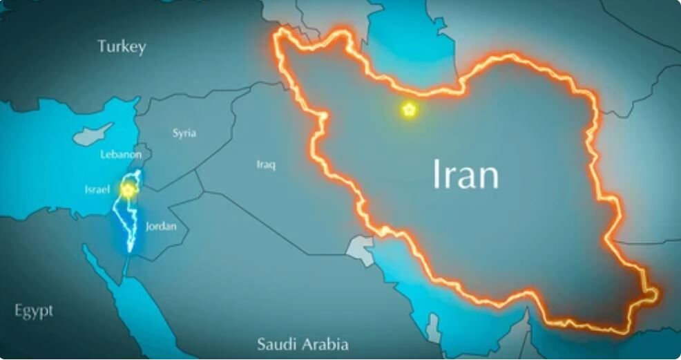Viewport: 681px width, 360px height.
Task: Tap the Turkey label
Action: pos(122,47)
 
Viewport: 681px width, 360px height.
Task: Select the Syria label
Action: pos(184,133)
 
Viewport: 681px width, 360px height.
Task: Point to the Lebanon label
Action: pos(121,154)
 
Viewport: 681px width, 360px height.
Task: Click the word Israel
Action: pos(97,189)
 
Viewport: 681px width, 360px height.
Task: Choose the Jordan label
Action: pos(161,226)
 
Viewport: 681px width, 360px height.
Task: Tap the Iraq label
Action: pos(266,164)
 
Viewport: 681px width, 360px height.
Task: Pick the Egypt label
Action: pos(33,311)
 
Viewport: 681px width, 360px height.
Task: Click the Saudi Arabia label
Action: pos(303,343)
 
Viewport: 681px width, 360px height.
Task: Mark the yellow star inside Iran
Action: pos(409,109)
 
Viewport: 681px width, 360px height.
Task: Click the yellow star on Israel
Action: pos(127,188)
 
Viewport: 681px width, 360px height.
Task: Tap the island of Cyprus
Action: pos(91,133)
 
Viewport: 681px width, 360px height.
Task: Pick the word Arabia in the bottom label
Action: pos(324,343)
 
